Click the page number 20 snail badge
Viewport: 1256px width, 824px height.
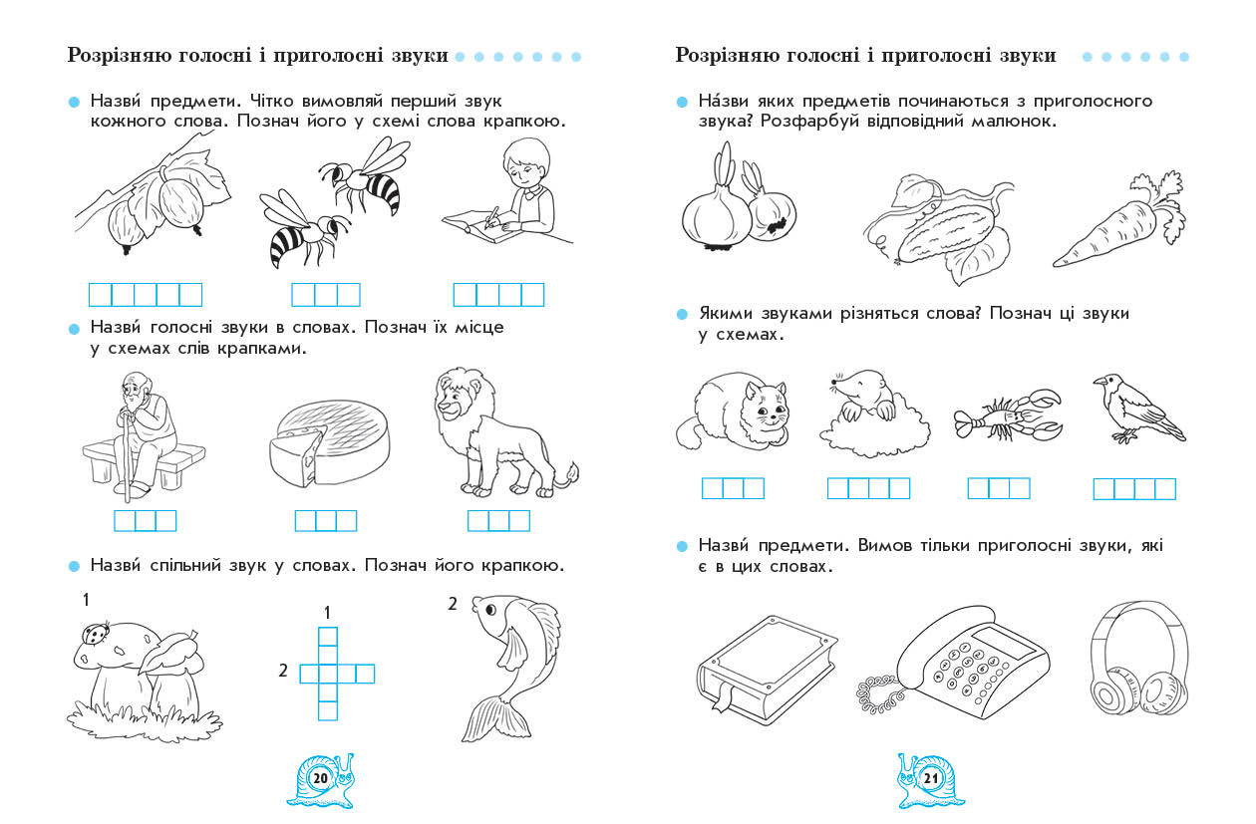(x=321, y=780)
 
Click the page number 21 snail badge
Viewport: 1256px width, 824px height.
(x=930, y=780)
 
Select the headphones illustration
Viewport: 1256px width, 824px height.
(x=1139, y=660)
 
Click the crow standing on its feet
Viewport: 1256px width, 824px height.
(x=1138, y=409)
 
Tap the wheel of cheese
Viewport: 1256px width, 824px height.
(x=329, y=442)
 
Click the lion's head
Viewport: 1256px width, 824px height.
(x=464, y=397)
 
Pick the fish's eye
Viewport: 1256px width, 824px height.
(x=490, y=610)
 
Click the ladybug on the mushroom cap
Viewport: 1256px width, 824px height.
(x=93, y=634)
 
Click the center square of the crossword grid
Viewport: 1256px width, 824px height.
(x=328, y=674)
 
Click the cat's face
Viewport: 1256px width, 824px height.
(x=767, y=411)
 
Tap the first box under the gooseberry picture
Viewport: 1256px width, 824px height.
(x=101, y=294)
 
